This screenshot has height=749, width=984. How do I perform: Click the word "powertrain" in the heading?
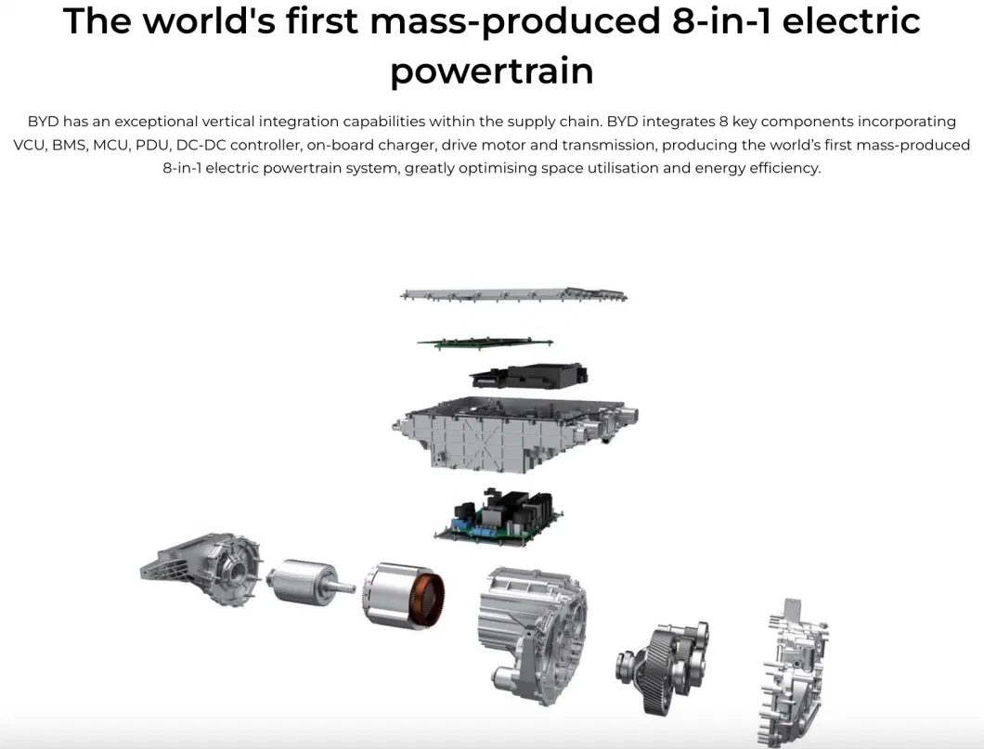pyautogui.click(x=491, y=71)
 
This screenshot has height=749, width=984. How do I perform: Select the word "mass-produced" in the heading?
pyautogui.click(x=515, y=22)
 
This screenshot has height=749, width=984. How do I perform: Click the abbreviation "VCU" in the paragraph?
pyautogui.click(x=29, y=145)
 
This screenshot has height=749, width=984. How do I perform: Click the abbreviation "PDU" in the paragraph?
pyautogui.click(x=152, y=145)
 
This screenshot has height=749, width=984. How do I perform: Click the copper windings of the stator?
pyautogui.click(x=431, y=601)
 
